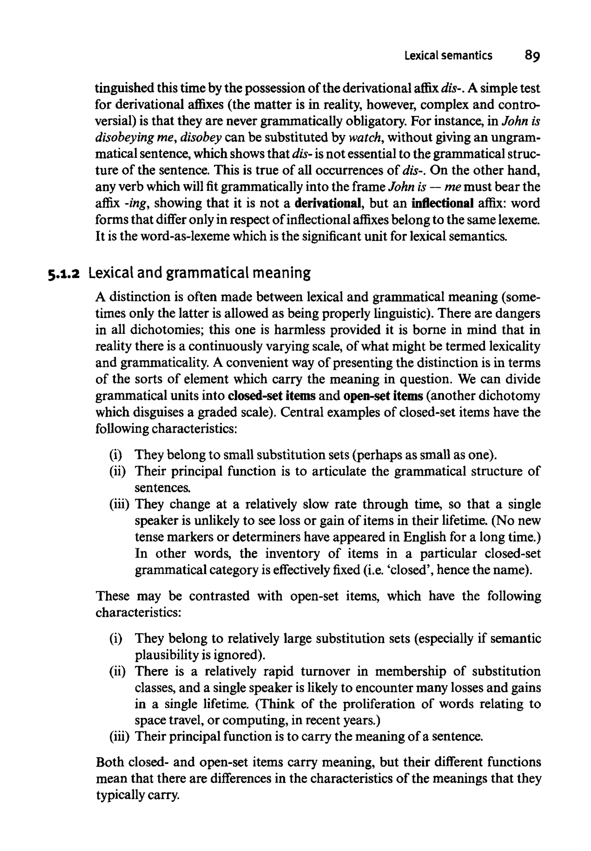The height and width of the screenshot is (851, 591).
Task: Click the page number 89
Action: click(532, 56)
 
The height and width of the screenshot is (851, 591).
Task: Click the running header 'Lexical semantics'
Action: click(448, 56)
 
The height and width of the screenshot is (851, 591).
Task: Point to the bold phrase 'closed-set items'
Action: click(272, 396)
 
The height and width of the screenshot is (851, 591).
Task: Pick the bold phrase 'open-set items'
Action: click(383, 396)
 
